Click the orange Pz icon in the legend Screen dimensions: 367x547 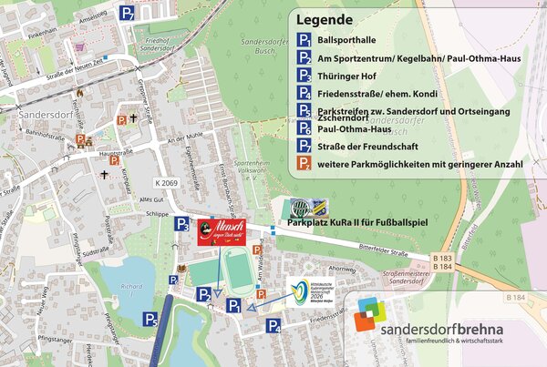click(x=304, y=164)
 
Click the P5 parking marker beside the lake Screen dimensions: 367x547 click(x=150, y=319)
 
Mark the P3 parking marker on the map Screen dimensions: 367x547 click(x=182, y=224)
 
